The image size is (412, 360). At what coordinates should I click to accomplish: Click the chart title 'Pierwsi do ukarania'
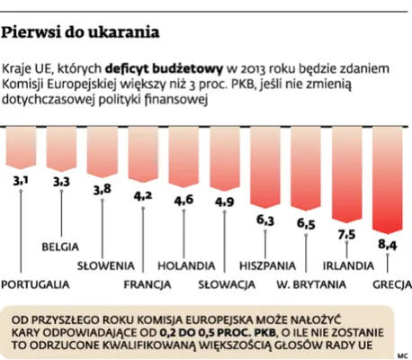(82, 33)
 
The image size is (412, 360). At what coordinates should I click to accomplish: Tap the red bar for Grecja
(388, 179)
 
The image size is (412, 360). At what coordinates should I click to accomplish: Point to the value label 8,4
(388, 244)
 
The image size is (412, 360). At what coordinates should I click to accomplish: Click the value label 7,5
(346, 235)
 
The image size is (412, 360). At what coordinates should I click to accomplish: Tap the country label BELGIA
(62, 246)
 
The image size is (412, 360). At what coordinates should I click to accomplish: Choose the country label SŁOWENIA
(105, 266)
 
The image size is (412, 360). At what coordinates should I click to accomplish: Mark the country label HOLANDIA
(186, 266)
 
